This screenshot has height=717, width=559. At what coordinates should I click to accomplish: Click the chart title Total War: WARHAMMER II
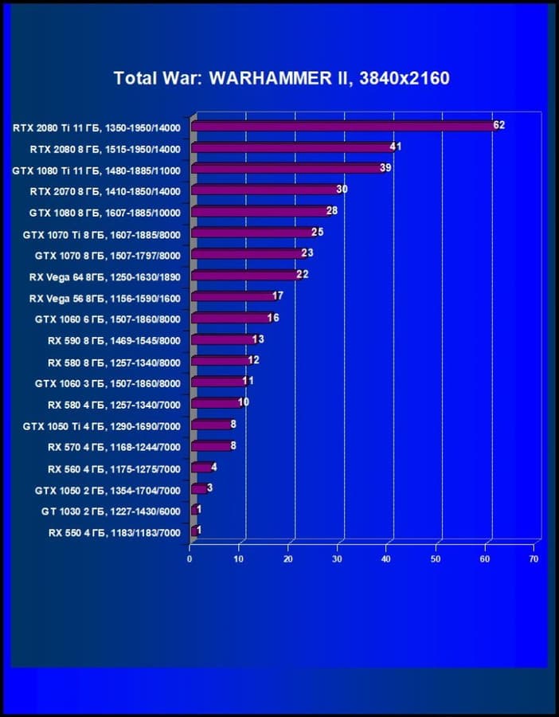281,78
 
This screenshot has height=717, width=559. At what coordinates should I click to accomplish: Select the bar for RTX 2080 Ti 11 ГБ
342,127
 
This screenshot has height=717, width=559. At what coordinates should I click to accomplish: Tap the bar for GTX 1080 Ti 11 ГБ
287,169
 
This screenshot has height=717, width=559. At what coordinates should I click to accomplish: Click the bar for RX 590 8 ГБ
222,339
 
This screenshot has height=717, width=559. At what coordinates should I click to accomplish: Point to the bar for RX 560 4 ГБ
201,468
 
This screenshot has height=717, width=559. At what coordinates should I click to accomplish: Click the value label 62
499,125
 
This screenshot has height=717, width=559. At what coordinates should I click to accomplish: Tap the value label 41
396,147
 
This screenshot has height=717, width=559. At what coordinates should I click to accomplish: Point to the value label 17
278,296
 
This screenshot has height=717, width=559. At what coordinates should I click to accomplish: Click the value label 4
214,467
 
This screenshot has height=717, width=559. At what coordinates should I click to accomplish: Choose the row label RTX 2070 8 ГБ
105,191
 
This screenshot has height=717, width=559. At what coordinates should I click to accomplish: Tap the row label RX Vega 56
105,298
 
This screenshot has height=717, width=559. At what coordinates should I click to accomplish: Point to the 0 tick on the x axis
190,559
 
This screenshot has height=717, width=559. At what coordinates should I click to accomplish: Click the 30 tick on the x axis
338,559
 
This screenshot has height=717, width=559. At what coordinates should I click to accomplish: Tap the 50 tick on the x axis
436,559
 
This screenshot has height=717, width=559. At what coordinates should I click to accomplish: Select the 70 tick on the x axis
534,559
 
